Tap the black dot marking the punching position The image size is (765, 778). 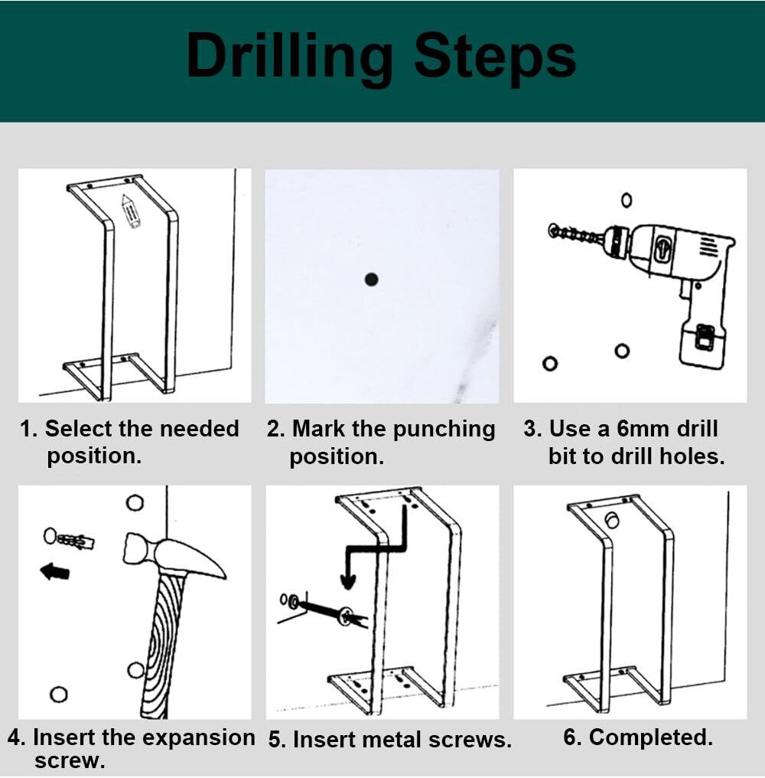(x=371, y=279)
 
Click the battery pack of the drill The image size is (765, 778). (x=702, y=342)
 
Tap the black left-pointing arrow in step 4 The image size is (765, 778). (x=54, y=571)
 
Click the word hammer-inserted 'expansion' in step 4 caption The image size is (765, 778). (x=197, y=737)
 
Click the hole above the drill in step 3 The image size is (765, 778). (x=627, y=200)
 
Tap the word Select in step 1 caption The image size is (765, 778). (x=80, y=429)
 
